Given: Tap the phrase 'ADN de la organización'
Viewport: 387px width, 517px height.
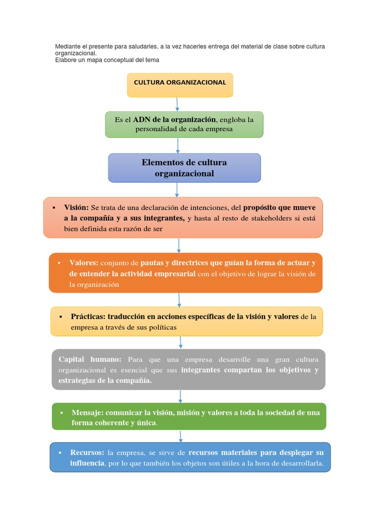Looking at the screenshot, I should point(174,120).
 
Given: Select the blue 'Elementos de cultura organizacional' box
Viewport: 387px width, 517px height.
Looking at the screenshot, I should point(184,168).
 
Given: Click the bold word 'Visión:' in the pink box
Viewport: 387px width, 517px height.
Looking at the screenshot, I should point(76,208).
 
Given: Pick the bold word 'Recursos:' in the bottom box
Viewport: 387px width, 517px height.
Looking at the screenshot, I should point(87,452).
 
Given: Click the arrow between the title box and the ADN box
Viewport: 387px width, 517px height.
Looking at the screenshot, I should point(177,104).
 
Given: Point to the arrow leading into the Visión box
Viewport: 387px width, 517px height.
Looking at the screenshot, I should point(177,189).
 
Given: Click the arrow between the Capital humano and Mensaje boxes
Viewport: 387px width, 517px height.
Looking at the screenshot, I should point(180,396).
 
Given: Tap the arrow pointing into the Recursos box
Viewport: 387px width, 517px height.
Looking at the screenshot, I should point(180,436).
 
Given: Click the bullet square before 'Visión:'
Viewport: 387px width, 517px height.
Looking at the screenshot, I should point(53,208).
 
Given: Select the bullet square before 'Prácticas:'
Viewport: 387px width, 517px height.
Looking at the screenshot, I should point(60,317).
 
